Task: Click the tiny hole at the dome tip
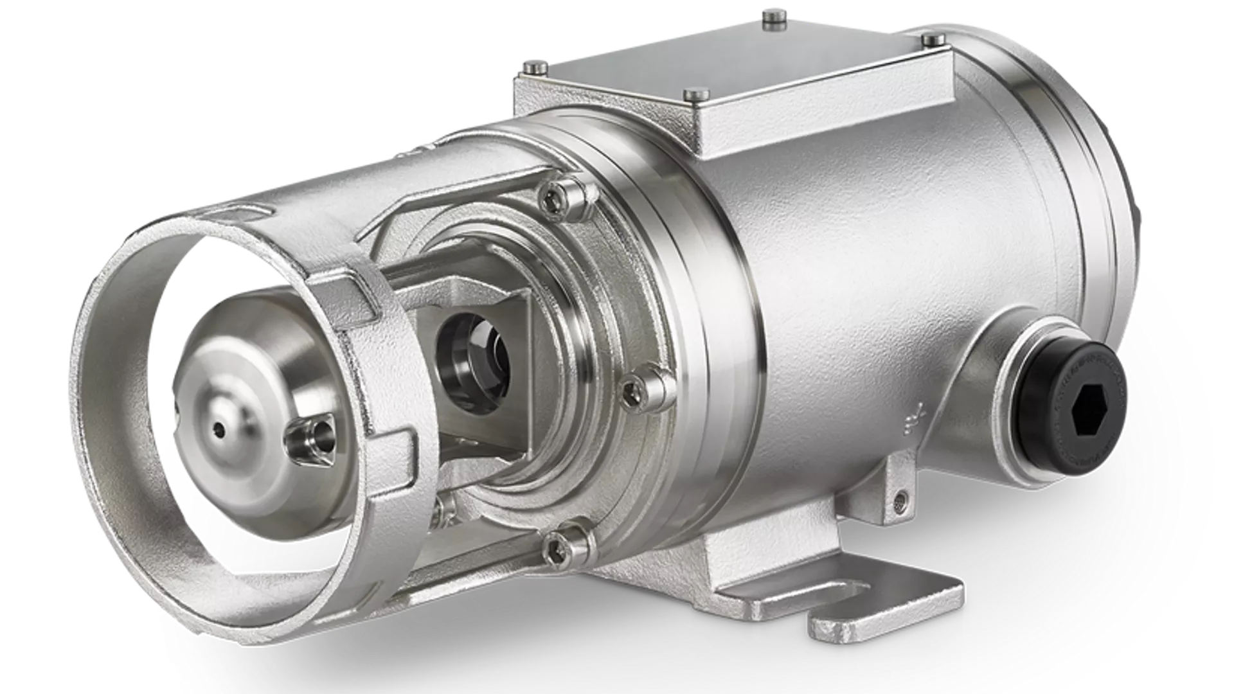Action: coord(220,428)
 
